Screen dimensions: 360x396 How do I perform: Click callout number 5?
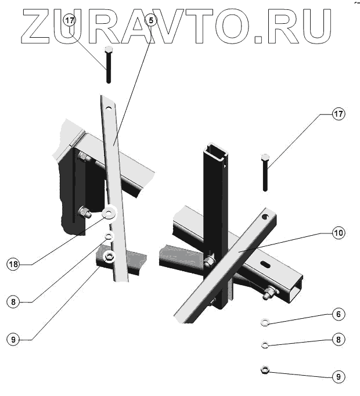pyautogui.click(x=151, y=20)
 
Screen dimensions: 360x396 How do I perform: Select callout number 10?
pyautogui.click(x=339, y=233)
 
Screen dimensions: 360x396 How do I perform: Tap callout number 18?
pyautogui.click(x=13, y=264)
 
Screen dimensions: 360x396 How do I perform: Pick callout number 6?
pyautogui.click(x=339, y=314)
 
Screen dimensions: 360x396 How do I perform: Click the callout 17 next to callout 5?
pyautogui.click(x=70, y=20)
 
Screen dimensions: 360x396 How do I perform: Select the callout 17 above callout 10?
pyautogui.click(x=339, y=114)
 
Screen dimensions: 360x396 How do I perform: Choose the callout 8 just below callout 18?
pyautogui.click(x=13, y=301)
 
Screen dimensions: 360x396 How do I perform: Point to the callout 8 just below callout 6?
pyautogui.click(x=339, y=339)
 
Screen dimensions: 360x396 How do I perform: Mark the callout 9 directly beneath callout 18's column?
pyautogui.click(x=13, y=339)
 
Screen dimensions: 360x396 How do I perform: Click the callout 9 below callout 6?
pyautogui.click(x=339, y=376)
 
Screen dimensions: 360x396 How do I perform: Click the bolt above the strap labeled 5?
pyautogui.click(x=109, y=65)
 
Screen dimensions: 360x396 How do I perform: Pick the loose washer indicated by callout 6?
pyautogui.click(x=265, y=321)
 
